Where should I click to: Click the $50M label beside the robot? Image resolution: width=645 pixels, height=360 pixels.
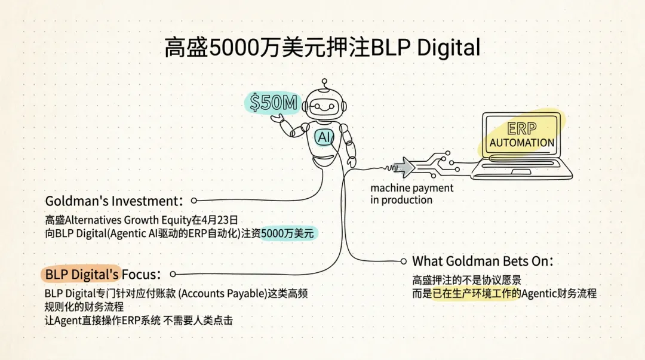273,103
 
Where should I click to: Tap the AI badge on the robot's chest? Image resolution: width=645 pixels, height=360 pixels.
324,137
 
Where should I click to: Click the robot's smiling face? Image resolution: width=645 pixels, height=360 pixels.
324,107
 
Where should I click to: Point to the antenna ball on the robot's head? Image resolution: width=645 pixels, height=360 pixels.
324,81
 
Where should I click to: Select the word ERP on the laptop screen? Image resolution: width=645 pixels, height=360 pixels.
521,129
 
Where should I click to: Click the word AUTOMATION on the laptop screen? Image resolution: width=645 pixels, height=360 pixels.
521,143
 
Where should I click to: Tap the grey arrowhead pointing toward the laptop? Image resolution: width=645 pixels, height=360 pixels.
407,167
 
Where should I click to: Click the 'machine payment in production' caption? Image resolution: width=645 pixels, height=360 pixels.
411,194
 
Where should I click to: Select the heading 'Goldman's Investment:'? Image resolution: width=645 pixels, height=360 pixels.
113,201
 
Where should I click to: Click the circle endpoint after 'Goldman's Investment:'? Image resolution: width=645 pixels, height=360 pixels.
193,201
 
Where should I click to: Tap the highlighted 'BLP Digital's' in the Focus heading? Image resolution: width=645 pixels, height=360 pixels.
82,274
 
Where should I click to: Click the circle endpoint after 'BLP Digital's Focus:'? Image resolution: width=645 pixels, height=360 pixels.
173,274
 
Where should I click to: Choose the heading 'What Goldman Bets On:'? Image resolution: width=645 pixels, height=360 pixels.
483,261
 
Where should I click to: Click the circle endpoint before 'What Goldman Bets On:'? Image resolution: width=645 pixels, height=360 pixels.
404,261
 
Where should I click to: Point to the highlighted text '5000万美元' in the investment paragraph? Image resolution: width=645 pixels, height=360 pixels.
287,233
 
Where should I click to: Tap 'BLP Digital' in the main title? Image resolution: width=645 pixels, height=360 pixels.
425,47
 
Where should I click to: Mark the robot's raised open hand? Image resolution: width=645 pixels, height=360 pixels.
278,118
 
